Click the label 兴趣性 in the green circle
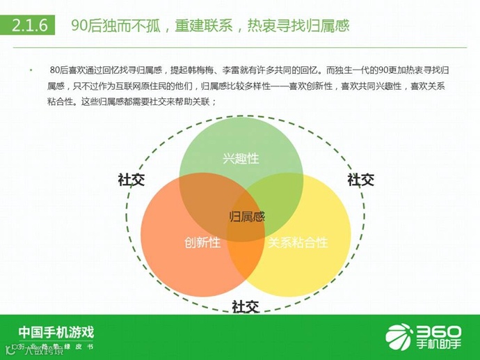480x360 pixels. click(241, 158)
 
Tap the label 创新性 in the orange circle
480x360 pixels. click(202, 243)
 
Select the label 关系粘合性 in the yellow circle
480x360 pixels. click(298, 243)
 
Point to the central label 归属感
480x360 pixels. click(247, 216)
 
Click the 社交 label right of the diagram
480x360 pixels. click(360, 180)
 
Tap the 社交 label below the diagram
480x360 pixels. click(245, 306)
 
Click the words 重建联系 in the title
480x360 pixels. click(202, 26)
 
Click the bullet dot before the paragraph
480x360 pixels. click(31, 71)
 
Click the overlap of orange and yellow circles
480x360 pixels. click(243, 258)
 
